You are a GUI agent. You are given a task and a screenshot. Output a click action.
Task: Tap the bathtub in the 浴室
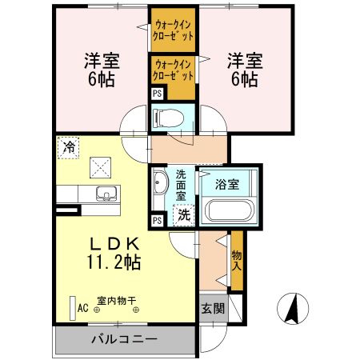click(x=229, y=211)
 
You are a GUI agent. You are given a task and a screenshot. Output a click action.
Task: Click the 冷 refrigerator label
click(x=70, y=147)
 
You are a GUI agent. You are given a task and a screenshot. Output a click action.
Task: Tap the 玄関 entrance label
click(x=212, y=308)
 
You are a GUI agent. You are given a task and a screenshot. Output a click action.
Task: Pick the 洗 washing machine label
click(x=184, y=214)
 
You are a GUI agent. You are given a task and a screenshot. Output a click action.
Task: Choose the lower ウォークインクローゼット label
click(x=174, y=70)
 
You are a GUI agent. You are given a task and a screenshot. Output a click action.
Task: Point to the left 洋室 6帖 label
click(x=101, y=69)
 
